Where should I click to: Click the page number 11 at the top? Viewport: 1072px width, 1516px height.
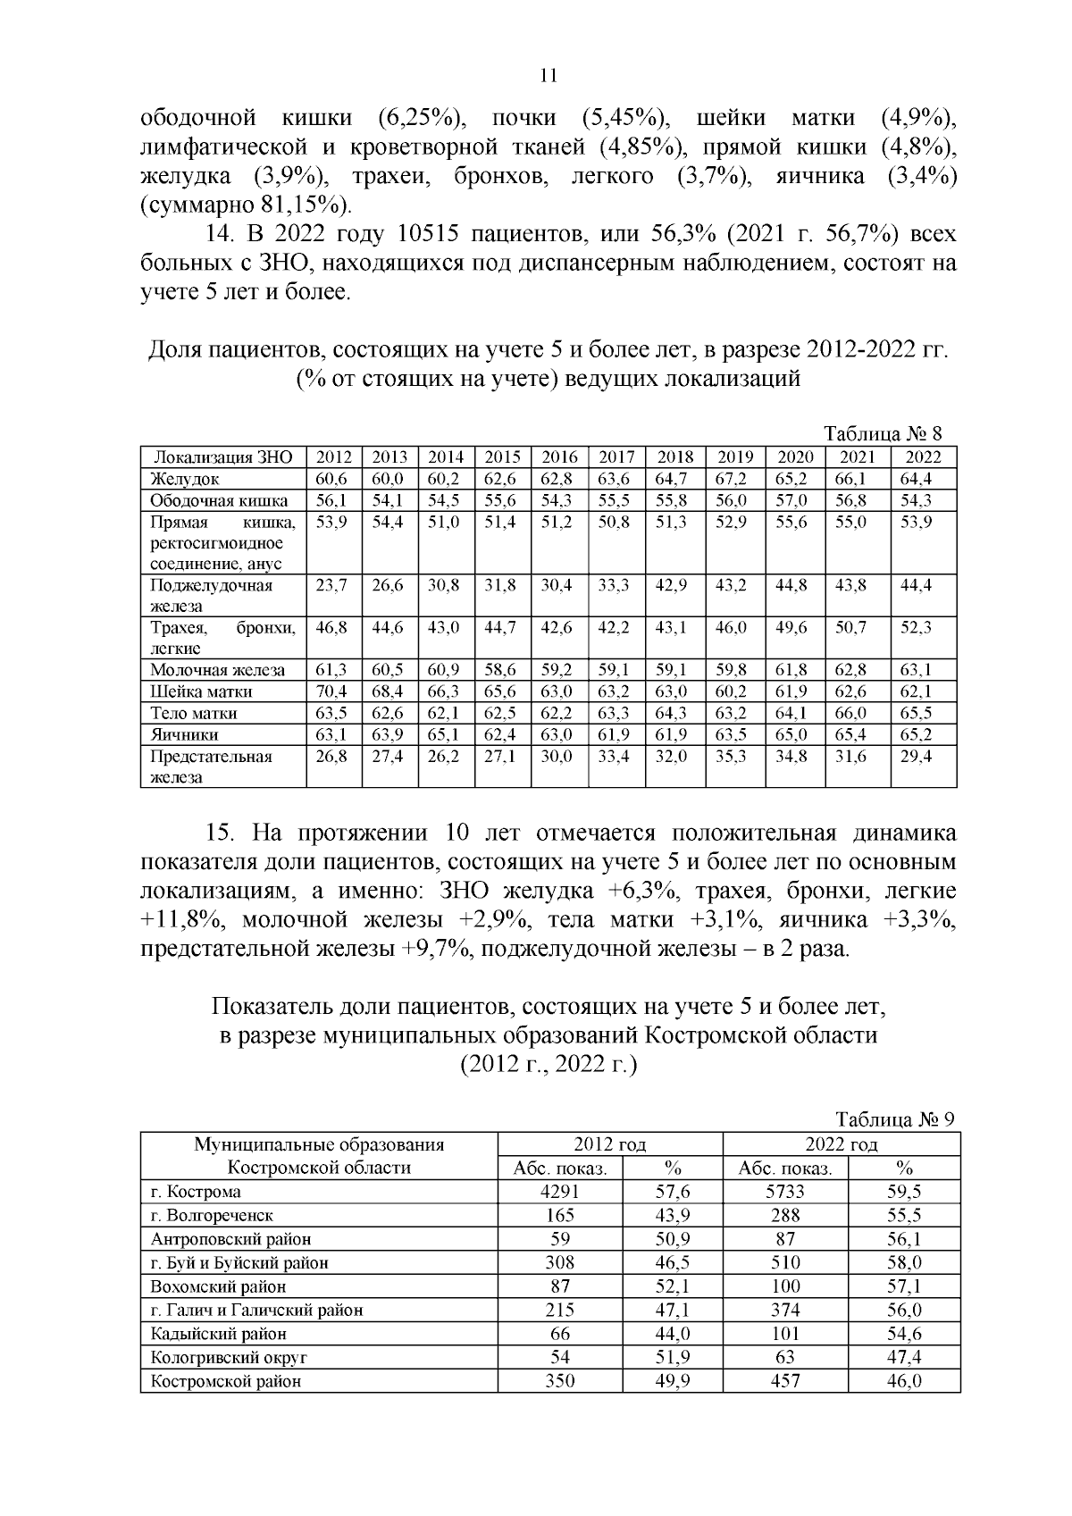click(x=549, y=76)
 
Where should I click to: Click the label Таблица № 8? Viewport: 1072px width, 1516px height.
click(x=883, y=434)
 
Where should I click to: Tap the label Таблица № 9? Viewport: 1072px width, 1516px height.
click(x=895, y=1120)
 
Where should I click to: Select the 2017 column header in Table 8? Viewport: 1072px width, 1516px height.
click(x=616, y=457)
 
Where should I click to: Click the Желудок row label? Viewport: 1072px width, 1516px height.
click(x=185, y=480)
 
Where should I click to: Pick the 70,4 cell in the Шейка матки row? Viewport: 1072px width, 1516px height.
click(x=331, y=691)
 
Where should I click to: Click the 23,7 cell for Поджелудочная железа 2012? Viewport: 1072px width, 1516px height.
click(x=331, y=586)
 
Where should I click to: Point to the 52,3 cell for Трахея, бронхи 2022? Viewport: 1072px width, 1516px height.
click(x=916, y=628)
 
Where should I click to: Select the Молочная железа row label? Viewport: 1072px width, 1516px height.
click(x=217, y=670)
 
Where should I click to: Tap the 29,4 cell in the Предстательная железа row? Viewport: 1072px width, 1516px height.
click(x=916, y=756)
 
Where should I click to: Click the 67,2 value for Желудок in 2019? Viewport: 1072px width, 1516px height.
click(x=732, y=480)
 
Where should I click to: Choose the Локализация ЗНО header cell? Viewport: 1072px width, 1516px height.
click(x=222, y=457)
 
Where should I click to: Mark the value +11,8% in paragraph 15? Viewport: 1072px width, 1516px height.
click(x=175, y=920)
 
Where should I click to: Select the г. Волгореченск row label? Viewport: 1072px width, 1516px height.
click(x=212, y=1216)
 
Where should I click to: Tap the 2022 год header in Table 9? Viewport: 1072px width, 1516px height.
click(x=841, y=1144)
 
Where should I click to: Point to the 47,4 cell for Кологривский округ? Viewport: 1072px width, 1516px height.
click(x=904, y=1358)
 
